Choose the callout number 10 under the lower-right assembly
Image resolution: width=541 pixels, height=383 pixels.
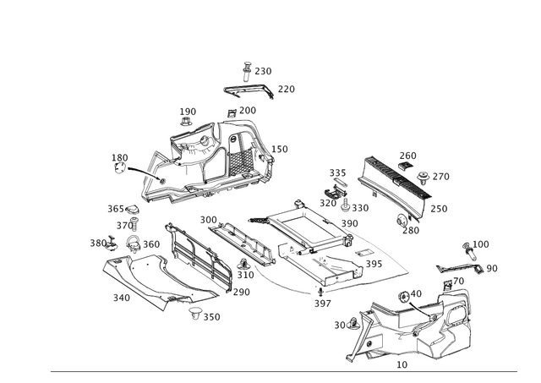point(401,362)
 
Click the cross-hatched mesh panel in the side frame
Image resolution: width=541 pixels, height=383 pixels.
point(242,156)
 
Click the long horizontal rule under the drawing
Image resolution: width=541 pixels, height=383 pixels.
point(287,369)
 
